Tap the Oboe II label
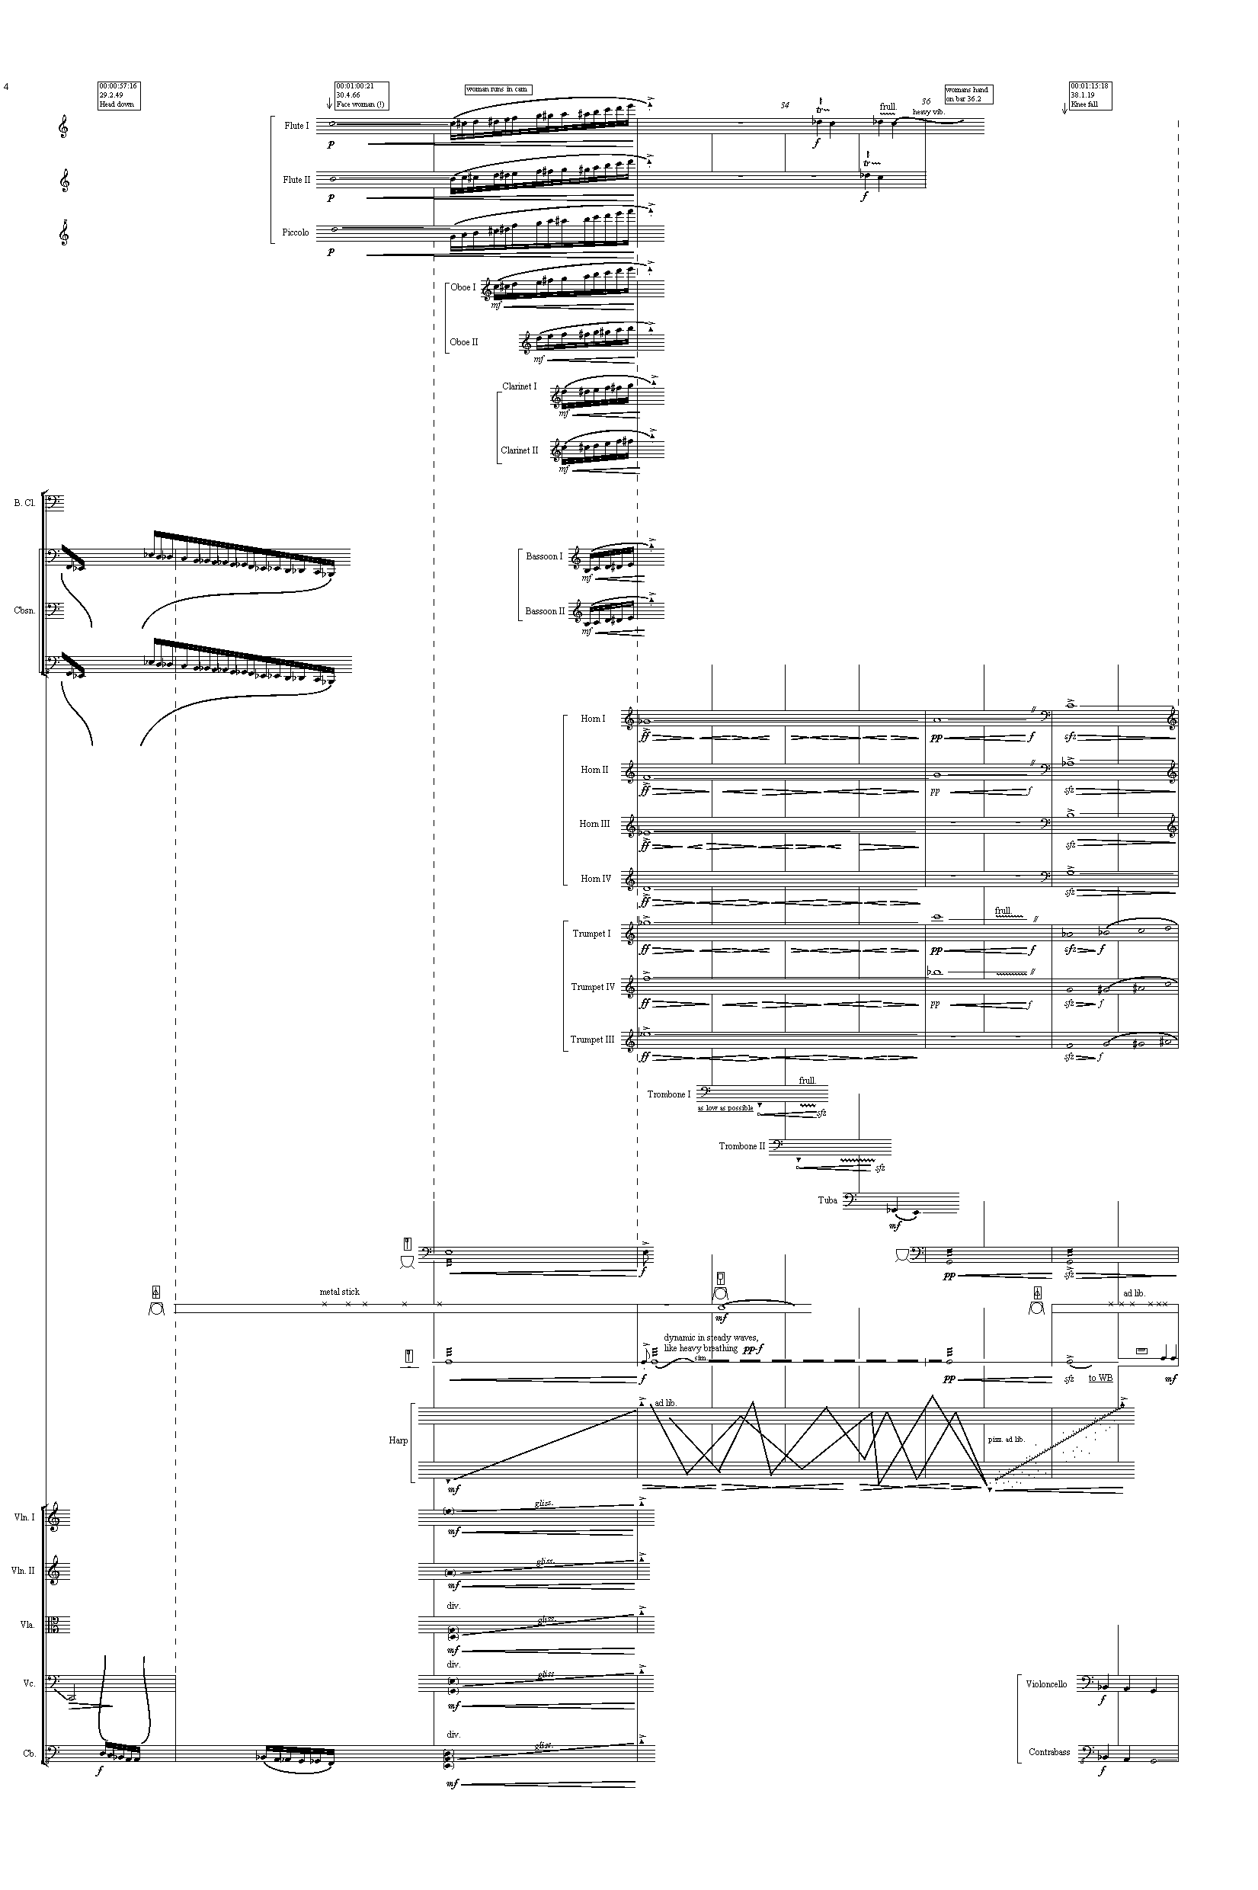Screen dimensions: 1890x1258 click(464, 341)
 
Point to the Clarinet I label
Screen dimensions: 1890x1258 click(519, 386)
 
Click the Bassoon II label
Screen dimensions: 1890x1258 click(545, 611)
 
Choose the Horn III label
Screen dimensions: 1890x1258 click(594, 824)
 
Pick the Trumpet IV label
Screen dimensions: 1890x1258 click(592, 987)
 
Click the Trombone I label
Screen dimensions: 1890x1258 click(668, 1094)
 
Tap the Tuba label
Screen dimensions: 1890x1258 click(827, 1200)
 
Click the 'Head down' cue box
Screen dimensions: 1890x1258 click(118, 95)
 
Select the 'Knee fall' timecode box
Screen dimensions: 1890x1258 click(1090, 95)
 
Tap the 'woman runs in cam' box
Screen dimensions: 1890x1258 click(498, 90)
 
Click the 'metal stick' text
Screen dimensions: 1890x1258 click(339, 1292)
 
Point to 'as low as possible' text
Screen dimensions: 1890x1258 click(725, 1108)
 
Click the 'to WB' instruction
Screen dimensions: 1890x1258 click(1100, 1378)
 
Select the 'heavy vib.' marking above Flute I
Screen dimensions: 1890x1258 click(929, 111)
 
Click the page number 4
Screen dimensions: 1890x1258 click(6, 86)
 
